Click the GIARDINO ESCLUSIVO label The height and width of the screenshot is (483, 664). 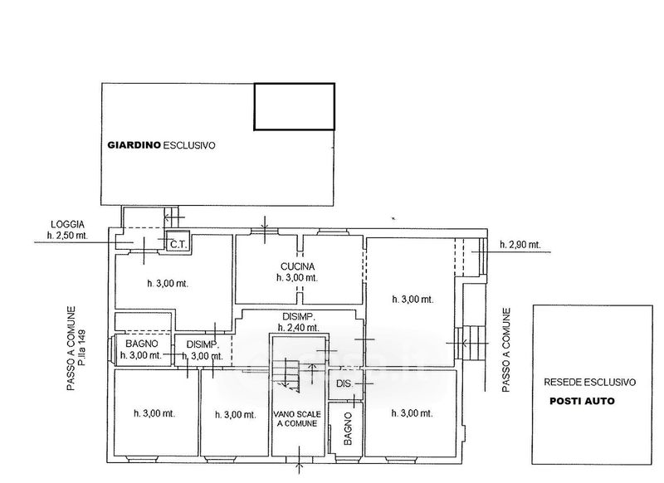(x=161, y=145)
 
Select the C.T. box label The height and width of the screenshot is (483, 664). (x=178, y=244)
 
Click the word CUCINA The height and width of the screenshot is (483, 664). (x=297, y=266)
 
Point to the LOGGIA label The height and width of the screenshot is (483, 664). (x=68, y=225)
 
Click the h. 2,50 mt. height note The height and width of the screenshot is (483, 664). (x=68, y=236)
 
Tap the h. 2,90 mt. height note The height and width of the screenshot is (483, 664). (x=520, y=244)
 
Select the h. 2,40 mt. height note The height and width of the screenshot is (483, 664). (x=298, y=327)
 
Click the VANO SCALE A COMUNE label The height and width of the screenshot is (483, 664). (x=297, y=418)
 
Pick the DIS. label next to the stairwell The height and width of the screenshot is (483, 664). (x=344, y=383)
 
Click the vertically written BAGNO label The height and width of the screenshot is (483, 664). (x=348, y=428)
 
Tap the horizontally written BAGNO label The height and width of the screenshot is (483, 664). (x=142, y=344)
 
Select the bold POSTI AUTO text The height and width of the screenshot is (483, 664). (x=582, y=401)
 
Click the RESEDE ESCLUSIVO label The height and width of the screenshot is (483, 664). (x=589, y=383)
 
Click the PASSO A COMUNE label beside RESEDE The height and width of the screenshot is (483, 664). (x=506, y=350)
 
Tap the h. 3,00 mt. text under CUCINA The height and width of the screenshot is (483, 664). (x=297, y=278)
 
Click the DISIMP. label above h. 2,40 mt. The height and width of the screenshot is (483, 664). (x=298, y=316)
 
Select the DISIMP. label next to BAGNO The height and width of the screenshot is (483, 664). (x=203, y=344)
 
